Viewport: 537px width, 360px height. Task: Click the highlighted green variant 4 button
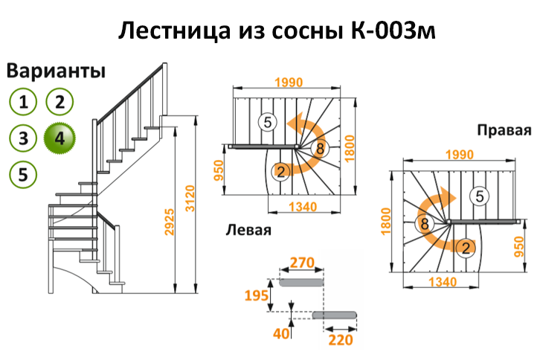[60, 137]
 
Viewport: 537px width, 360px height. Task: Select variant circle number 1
[25, 101]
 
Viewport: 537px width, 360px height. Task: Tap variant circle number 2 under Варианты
[60, 101]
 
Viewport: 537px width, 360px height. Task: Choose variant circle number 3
[25, 138]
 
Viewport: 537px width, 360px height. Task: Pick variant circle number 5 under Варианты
[25, 175]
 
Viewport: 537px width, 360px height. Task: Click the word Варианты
[57, 71]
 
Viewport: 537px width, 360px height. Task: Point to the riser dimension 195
[257, 296]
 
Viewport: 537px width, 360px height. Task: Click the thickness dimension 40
[280, 334]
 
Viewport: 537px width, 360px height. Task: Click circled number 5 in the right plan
[480, 196]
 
